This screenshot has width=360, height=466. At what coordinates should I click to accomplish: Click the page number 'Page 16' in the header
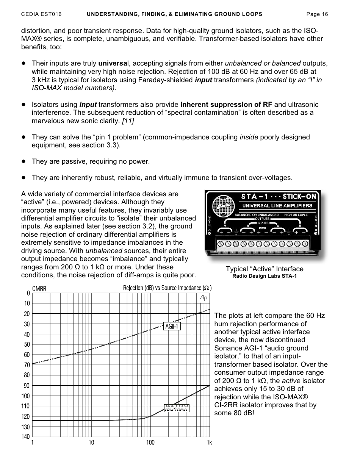(317, 14)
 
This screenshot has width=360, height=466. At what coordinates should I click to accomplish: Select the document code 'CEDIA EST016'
(41, 14)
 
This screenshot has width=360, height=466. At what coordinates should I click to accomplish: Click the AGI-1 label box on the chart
(172, 326)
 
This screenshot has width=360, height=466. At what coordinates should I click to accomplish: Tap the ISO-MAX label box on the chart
(177, 408)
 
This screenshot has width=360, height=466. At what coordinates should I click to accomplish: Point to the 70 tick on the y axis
(27, 365)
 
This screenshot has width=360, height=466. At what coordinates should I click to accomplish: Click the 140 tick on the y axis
(25, 437)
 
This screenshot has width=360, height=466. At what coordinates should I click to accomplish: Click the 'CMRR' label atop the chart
(39, 289)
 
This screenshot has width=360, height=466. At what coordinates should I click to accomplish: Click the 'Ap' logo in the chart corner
(203, 298)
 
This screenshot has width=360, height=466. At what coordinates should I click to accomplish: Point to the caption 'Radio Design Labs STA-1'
(265, 276)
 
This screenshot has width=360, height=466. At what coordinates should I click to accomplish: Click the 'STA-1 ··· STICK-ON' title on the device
(279, 196)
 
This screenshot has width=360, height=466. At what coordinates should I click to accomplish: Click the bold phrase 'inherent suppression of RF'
(226, 105)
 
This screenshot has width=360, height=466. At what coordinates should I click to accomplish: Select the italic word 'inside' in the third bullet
(249, 137)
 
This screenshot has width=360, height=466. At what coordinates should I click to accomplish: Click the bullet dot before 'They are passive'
(23, 161)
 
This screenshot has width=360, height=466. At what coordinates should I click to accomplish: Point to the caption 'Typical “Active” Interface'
(265, 269)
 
